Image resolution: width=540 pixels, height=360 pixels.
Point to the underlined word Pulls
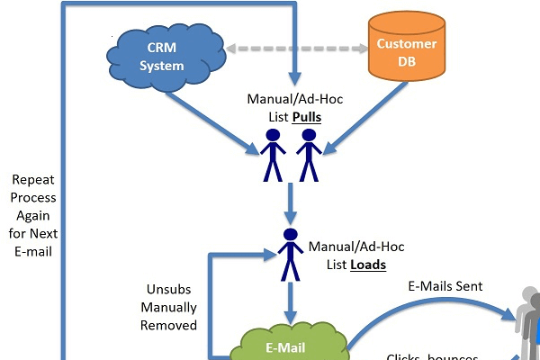[305, 117]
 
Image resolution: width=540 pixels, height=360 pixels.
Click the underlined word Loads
[368, 265]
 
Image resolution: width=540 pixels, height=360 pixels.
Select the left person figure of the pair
[273, 154]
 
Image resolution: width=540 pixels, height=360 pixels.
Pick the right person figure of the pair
[309, 154]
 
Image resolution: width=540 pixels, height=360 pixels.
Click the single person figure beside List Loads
[290, 254]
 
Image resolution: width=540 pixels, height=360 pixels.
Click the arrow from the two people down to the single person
[290, 203]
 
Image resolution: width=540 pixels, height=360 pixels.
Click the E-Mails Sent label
[445, 286]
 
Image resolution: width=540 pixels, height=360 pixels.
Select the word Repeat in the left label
[34, 179]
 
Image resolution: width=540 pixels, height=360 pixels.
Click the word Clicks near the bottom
[403, 356]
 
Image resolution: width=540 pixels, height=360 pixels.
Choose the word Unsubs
[168, 290]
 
